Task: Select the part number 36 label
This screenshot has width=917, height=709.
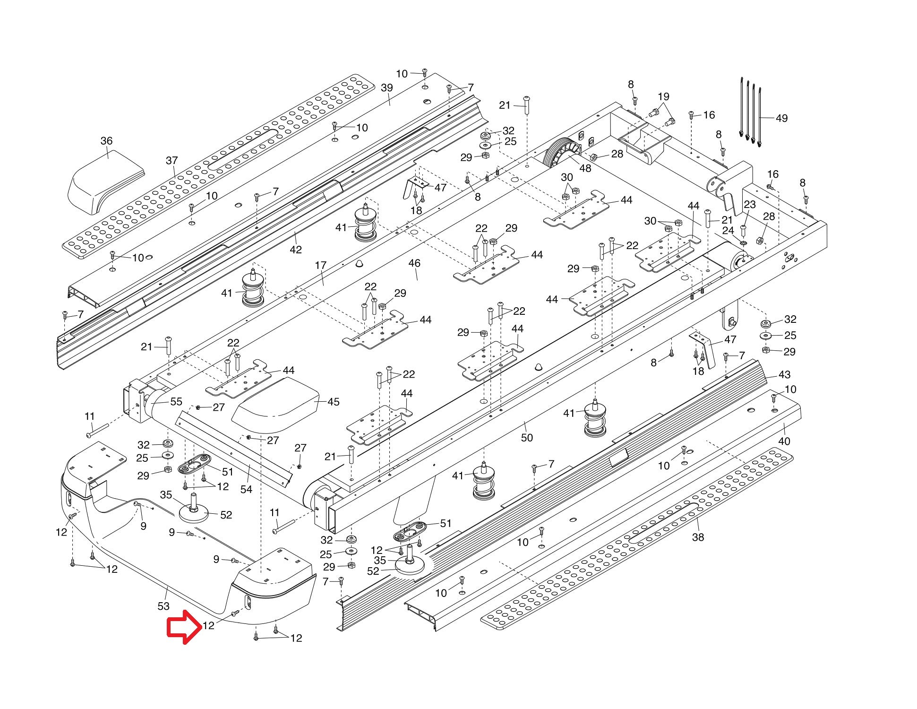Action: pos(107,141)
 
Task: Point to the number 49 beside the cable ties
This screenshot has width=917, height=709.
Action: pos(782,118)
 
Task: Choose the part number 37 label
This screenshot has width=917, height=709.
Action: pos(172,161)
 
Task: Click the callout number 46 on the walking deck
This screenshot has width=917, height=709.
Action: pos(414,263)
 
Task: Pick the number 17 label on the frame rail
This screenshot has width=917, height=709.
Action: pos(321,265)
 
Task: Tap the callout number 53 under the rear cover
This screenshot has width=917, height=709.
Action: pos(163,606)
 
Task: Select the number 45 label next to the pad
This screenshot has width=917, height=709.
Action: pos(334,402)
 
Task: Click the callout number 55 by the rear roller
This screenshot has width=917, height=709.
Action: pos(176,402)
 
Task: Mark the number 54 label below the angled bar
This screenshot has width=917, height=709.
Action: pos(246,490)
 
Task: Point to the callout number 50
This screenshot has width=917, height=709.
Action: pos(527,438)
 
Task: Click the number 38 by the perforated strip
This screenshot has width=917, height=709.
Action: pos(698,537)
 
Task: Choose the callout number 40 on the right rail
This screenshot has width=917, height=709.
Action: pos(784,441)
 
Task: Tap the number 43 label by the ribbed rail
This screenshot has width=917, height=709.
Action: pos(784,375)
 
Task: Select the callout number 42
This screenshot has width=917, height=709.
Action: pos(296,250)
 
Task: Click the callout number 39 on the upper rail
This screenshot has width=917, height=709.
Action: pos(387,88)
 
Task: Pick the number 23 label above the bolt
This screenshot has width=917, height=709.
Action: pos(750,205)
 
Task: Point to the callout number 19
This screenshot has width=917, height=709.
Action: pos(664,97)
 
